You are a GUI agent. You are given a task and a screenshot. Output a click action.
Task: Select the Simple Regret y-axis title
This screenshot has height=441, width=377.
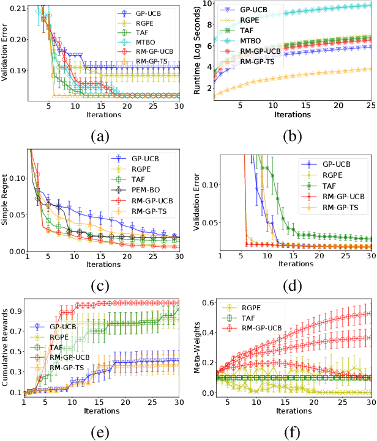6,200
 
